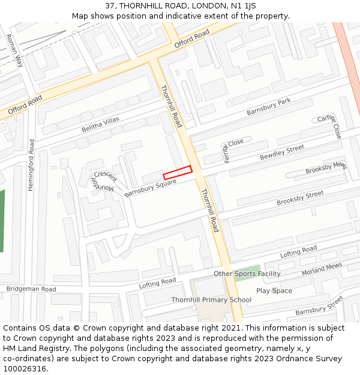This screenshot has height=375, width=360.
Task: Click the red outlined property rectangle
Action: [x=178, y=172]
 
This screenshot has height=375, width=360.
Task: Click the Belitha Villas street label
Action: [x=101, y=125]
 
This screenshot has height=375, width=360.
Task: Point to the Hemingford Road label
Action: [x=31, y=165]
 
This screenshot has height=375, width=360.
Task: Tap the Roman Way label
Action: [x=14, y=50]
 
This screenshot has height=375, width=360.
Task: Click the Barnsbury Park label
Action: [x=268, y=107]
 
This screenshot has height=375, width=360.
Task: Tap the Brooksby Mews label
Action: [x=326, y=169]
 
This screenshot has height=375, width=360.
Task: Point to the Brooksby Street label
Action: [x=300, y=199]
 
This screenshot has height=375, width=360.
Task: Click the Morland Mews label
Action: [x=322, y=269]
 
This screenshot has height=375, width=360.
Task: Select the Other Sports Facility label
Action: [x=247, y=274]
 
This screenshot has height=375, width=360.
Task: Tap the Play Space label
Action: [x=274, y=291]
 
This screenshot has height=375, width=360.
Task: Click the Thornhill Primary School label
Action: [x=211, y=300]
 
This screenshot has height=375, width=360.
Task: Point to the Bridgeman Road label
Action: [x=31, y=289]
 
